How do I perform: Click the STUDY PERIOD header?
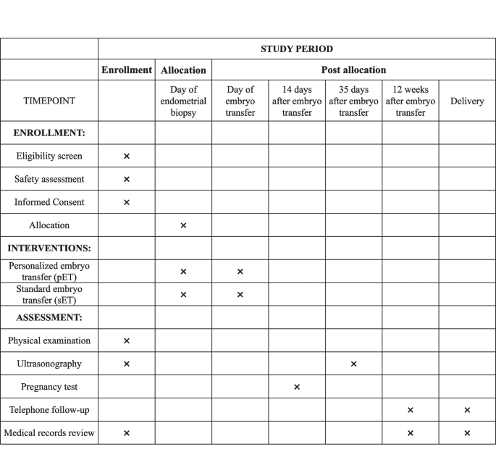click(297, 49)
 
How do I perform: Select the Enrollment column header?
click(127, 70)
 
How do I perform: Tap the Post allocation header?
click(353, 70)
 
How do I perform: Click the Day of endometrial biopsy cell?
click(183, 101)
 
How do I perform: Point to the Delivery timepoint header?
click(467, 101)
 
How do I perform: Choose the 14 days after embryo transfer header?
click(297, 101)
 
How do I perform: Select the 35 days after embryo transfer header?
click(353, 101)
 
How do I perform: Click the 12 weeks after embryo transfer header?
click(410, 101)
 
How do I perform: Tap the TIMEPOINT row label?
click(49, 101)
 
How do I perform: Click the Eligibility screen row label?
click(49, 156)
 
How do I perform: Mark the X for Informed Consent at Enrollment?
click(127, 202)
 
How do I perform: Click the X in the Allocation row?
click(183, 225)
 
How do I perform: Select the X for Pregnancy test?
click(297, 387)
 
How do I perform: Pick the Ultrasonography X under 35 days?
click(353, 364)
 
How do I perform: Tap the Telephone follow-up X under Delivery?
click(467, 410)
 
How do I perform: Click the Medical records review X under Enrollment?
click(127, 433)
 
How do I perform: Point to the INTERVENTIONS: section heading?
click(49, 248)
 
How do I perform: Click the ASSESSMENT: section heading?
click(49, 317)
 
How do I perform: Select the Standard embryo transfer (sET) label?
click(49, 294)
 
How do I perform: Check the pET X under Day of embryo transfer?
click(240, 272)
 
